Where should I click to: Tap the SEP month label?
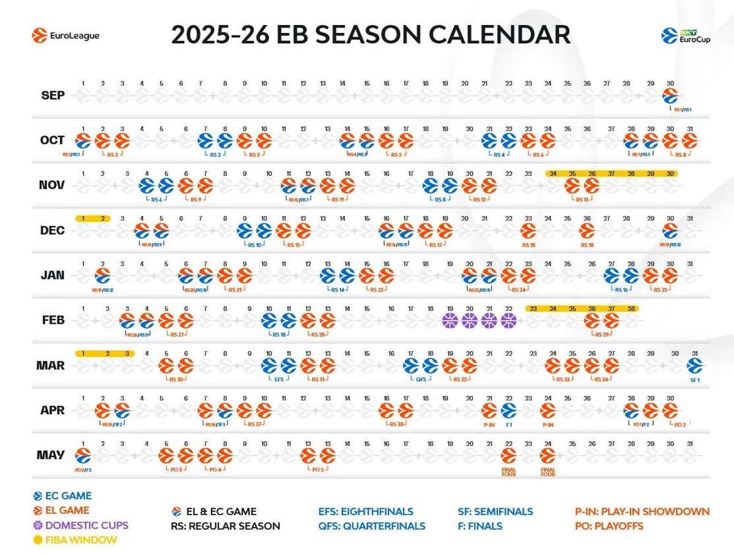click(53, 96)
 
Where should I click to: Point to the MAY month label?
click(51, 455)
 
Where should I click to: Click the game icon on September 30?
click(671, 96)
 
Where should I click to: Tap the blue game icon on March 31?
click(694, 366)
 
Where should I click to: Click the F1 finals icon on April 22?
click(509, 411)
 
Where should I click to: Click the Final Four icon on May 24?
click(547, 456)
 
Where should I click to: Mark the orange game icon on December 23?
click(528, 231)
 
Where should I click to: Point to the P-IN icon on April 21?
click(489, 411)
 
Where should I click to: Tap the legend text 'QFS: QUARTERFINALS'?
click(371, 526)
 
